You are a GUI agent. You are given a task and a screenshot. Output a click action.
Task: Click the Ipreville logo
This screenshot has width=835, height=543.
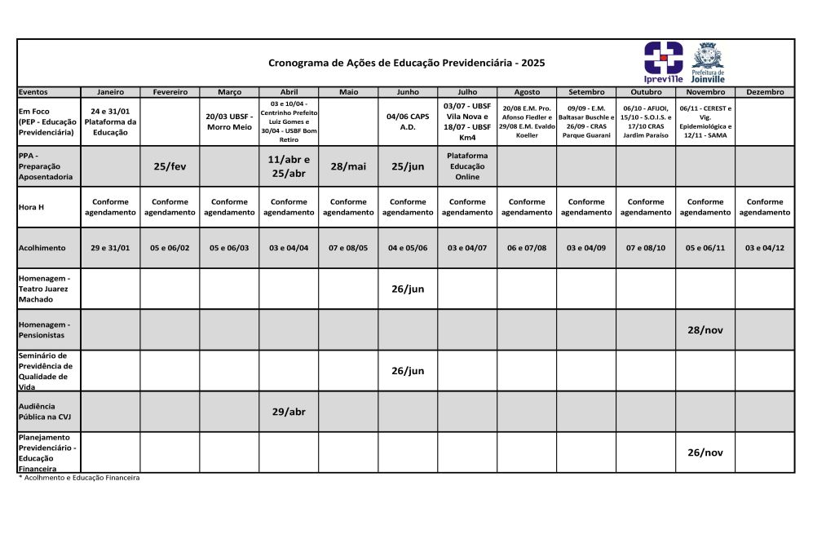(663, 62)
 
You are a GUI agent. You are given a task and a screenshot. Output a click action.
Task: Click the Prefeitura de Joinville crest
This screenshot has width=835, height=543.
(707, 62)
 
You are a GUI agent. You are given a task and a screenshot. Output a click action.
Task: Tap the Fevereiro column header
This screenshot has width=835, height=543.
(170, 92)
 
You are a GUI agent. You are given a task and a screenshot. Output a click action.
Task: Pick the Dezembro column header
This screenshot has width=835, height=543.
(764, 92)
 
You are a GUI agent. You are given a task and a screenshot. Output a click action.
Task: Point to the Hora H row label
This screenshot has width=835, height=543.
(31, 207)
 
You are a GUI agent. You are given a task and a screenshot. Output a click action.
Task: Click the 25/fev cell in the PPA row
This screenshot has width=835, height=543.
(170, 166)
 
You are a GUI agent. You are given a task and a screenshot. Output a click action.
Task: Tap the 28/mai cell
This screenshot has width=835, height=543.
(348, 166)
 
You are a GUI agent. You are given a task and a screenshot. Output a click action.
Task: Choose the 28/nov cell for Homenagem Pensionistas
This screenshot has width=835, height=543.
(705, 330)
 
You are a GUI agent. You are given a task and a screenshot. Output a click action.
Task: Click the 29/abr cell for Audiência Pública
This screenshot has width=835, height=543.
(289, 412)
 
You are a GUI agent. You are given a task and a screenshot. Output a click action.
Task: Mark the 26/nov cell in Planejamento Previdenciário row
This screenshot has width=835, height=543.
(705, 452)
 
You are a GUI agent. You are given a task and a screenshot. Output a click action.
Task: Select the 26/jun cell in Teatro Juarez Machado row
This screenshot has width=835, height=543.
(408, 289)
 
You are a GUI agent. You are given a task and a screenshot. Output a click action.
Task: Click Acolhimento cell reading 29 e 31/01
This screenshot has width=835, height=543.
(110, 248)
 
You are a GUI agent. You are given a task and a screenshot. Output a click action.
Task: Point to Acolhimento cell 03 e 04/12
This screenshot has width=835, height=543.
(764, 248)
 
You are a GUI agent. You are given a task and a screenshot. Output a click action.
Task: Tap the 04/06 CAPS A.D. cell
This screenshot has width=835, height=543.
(408, 121)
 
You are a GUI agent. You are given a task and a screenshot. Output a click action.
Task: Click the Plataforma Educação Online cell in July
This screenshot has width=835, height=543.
(467, 166)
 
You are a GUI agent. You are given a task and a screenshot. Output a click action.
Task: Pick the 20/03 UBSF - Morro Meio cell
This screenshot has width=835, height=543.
(229, 121)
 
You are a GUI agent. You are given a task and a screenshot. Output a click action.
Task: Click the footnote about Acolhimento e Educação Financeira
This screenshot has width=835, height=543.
(79, 478)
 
